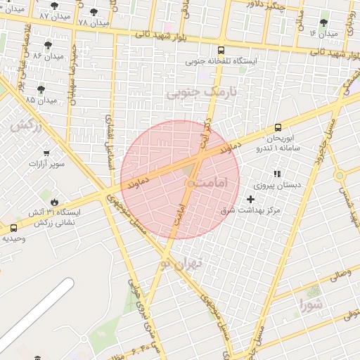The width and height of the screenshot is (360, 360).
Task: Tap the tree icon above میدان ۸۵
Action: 41,89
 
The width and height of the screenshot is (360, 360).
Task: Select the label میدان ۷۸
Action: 94,23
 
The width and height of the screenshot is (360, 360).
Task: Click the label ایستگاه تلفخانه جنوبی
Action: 221,61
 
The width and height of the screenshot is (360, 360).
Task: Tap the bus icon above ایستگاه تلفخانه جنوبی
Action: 221,51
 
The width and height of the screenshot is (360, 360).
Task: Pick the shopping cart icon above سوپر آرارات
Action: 47,153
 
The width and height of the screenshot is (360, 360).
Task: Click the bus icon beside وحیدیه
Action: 14,228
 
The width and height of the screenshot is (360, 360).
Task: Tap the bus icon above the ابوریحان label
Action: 278,128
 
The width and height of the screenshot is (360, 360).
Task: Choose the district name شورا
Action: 310,305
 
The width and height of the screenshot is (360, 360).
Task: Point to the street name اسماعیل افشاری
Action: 109,141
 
